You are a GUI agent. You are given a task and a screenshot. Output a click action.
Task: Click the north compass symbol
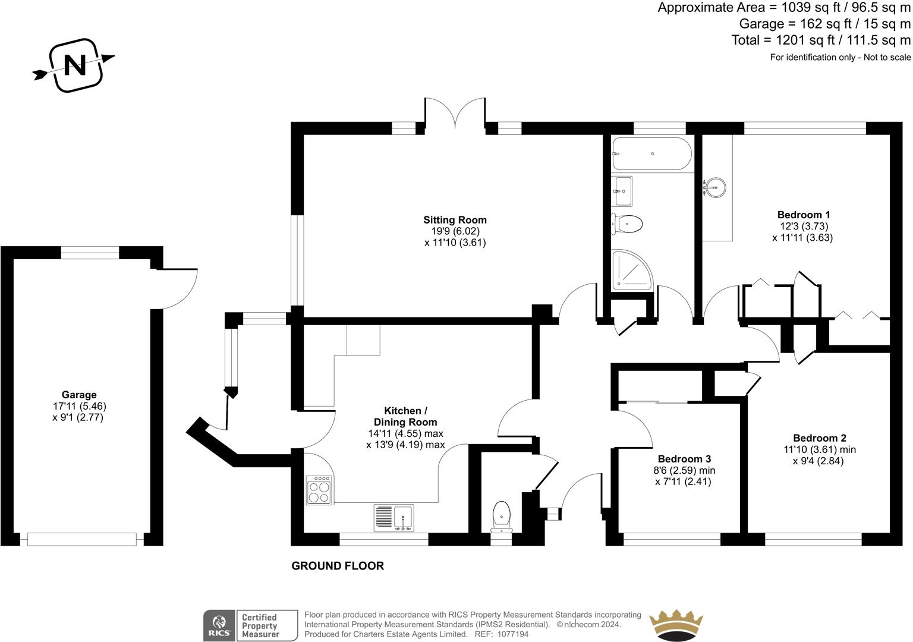pos(74,65)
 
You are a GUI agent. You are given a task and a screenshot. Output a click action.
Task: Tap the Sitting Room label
pos(455,220)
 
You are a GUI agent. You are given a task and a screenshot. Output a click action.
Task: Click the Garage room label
pos(79,395)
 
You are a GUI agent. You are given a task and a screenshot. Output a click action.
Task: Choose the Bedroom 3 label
pos(684,459)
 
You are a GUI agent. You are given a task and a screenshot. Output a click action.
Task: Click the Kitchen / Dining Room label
pos(405,416)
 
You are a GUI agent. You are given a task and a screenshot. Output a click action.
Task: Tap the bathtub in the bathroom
pos(651,154)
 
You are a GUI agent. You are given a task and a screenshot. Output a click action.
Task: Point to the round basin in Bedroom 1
pos(714,187)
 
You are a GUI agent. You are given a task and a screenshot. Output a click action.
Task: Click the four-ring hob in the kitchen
pos(320,490)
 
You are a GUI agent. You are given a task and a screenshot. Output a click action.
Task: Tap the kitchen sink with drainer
pos(394,517)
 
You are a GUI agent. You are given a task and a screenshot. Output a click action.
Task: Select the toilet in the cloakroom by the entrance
pos(501,516)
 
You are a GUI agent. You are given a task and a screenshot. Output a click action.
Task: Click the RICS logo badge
pos(219,625)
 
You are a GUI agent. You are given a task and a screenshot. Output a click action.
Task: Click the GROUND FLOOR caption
pos(337,566)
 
